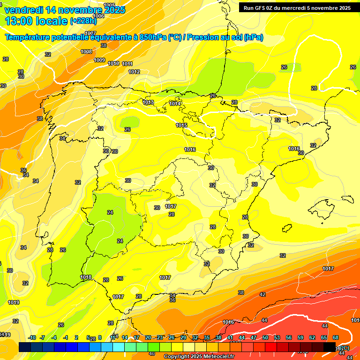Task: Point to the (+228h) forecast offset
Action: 83,21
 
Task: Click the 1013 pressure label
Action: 148,102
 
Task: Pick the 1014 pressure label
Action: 175,104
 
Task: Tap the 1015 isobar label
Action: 182,125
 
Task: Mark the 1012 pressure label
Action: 134,72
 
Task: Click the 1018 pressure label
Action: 86,277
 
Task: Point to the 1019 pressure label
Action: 14,302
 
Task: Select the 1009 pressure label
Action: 99,60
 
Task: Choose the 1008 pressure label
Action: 86,52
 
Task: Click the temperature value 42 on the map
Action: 262,294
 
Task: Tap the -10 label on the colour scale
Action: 32,337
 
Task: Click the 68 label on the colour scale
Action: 336,337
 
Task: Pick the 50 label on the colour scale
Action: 265,337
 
